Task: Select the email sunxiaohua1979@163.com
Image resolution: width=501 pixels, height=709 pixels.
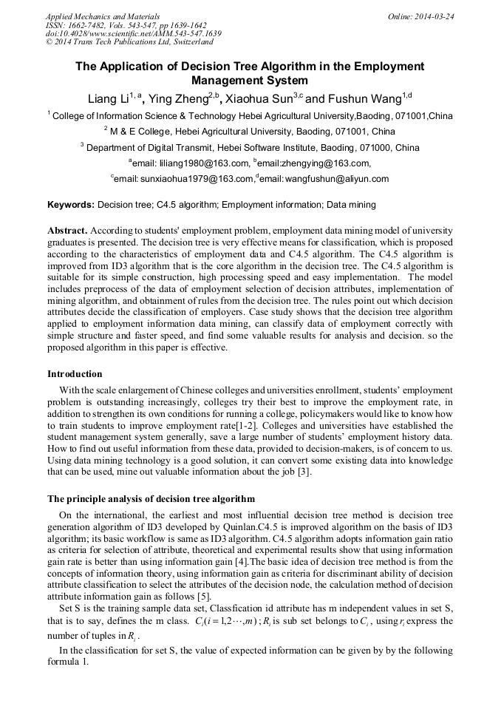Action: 185,179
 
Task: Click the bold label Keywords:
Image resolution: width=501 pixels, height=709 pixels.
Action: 71,205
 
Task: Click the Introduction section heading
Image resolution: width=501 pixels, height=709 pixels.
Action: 75,374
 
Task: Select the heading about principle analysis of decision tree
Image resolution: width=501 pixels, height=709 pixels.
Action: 151,499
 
